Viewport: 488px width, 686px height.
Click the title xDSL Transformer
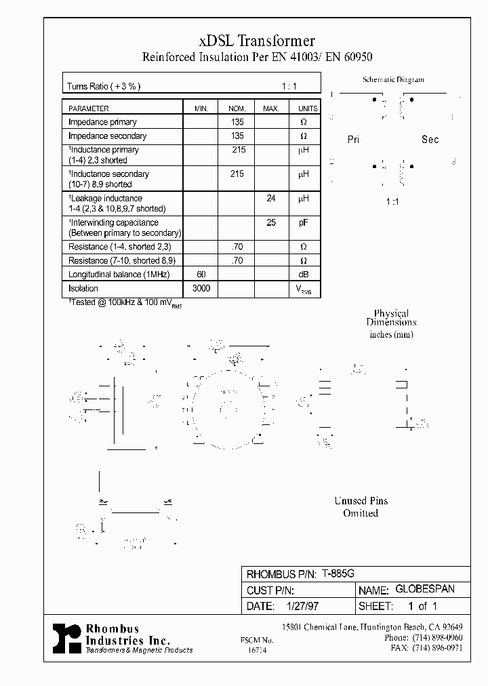click(257, 42)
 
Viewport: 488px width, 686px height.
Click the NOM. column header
click(237, 108)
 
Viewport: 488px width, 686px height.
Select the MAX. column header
click(270, 108)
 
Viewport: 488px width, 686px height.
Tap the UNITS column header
click(308, 108)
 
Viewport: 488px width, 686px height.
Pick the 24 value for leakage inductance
click(270, 199)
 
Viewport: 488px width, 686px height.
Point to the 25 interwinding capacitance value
click(270, 222)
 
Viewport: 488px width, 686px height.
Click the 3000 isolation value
click(201, 288)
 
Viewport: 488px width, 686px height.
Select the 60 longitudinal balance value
click(201, 274)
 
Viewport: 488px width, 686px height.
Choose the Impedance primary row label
click(102, 122)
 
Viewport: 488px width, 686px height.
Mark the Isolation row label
click(83, 289)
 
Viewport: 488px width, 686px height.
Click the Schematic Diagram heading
click(393, 79)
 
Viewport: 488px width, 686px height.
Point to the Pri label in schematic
click(353, 140)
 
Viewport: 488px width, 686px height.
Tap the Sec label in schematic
click(430, 140)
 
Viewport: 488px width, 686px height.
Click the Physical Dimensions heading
click(391, 318)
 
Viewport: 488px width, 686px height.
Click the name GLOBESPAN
click(424, 590)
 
